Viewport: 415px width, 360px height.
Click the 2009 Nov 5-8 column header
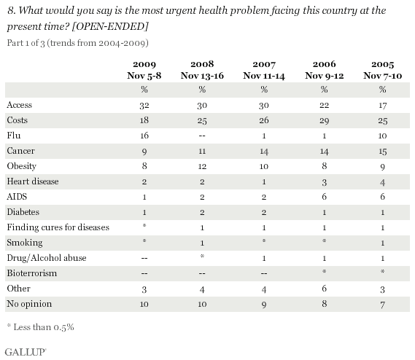coord(144,70)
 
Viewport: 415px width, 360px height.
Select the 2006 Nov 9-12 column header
coord(325,70)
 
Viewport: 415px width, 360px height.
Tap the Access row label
coord(19,105)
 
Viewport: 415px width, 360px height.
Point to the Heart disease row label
coord(33,181)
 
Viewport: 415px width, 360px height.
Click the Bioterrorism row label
coord(32,273)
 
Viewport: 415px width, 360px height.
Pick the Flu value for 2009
coord(144,136)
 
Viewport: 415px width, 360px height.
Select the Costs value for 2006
coord(325,120)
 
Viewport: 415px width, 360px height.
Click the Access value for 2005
coord(382,105)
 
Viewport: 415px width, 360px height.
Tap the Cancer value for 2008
coord(202,151)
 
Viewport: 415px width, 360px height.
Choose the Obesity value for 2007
coord(264,166)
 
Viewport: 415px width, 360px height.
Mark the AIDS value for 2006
coord(325,197)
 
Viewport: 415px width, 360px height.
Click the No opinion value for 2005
coord(382,305)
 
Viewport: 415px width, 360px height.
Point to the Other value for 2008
coord(202,289)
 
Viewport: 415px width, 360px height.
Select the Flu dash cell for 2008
coord(202,136)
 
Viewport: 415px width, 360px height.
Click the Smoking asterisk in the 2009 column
coord(144,240)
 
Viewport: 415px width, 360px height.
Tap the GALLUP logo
coord(26,352)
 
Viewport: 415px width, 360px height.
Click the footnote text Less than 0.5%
coord(44,327)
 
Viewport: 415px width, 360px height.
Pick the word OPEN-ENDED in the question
coord(110,26)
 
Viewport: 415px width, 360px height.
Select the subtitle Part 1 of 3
coord(26,43)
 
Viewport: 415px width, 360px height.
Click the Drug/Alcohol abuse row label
coord(47,258)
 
